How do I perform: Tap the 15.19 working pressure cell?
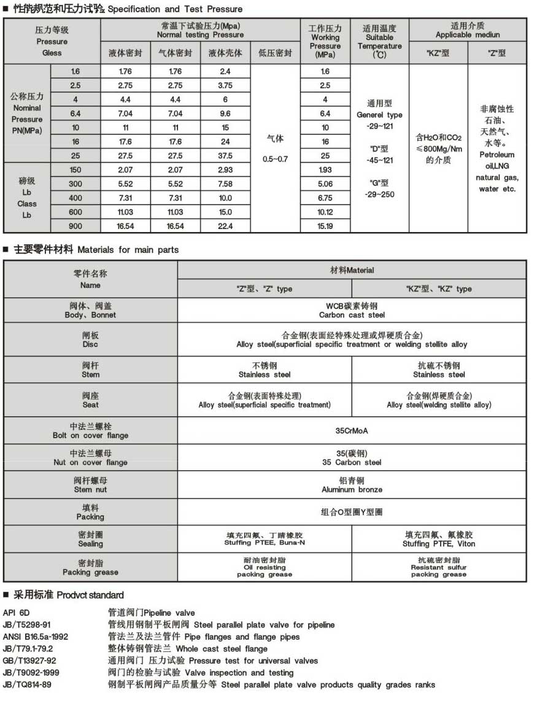point(325,226)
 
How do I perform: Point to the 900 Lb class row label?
point(75,226)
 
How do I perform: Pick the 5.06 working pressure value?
point(325,184)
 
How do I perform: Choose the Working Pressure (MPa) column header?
point(325,41)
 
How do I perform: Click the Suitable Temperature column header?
point(379,41)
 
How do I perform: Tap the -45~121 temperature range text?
point(379,160)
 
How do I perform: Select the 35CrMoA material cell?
point(352,430)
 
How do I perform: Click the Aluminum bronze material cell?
point(352,485)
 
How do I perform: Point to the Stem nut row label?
point(90,485)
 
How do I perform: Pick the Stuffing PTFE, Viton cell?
point(439,539)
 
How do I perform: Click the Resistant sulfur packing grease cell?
point(439,567)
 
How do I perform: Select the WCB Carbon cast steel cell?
point(352,310)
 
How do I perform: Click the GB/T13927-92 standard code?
point(29,661)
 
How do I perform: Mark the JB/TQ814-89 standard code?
point(27,685)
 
